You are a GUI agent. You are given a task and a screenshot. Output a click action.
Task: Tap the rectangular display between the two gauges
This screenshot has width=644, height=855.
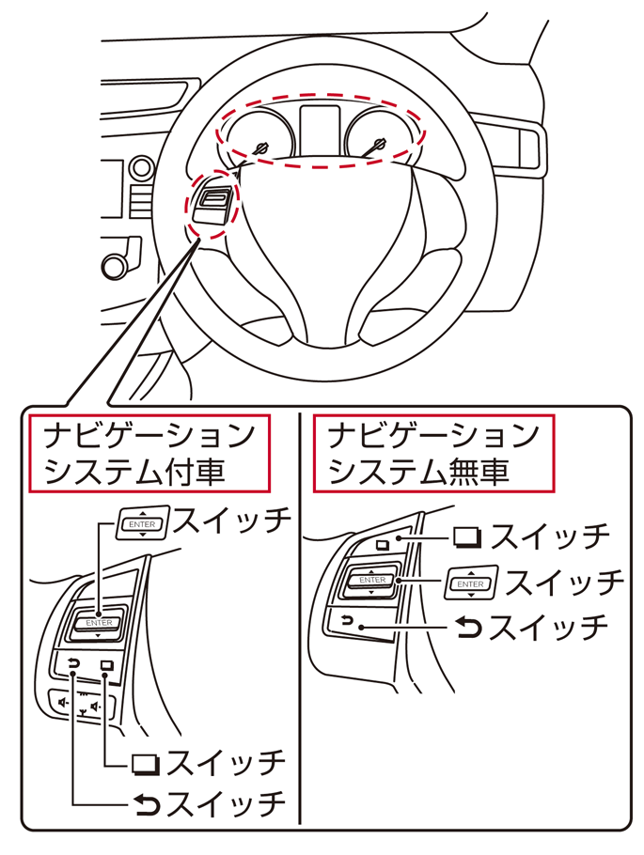pos(319,127)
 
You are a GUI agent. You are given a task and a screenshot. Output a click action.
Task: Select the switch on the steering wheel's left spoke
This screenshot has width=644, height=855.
pos(212,202)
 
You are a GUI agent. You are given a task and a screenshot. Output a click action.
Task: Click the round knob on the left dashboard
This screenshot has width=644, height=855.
pos(117,264)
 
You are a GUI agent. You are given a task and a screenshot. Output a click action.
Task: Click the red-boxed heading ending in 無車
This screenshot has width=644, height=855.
pos(432,453)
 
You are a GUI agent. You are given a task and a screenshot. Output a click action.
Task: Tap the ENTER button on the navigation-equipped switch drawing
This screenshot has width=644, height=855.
pos(99,623)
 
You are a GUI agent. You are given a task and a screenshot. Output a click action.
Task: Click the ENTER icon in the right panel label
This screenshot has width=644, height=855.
pos(469,583)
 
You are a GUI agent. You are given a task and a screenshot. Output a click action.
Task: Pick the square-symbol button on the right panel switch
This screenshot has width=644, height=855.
pos(383,544)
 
